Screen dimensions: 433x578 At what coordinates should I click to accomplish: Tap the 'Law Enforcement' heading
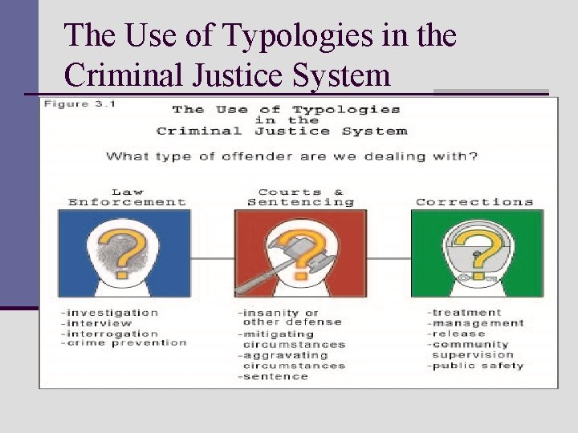pos(128,197)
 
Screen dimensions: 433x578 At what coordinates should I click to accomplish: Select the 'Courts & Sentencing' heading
pos(300,197)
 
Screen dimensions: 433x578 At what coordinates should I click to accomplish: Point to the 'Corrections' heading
pos(474,202)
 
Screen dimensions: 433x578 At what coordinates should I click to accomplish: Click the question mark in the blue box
pos(124,248)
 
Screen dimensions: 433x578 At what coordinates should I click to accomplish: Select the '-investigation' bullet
pos(110,313)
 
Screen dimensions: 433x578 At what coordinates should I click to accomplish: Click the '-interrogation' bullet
pos(109,334)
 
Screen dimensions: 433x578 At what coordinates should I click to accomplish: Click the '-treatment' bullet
pos(465,313)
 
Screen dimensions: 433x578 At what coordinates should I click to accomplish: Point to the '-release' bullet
pos(457,334)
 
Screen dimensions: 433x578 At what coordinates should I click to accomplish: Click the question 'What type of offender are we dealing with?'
pos(291,156)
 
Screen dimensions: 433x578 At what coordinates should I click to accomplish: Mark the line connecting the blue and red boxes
pos(213,258)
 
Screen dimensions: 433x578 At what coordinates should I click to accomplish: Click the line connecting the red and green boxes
pos(389,258)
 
